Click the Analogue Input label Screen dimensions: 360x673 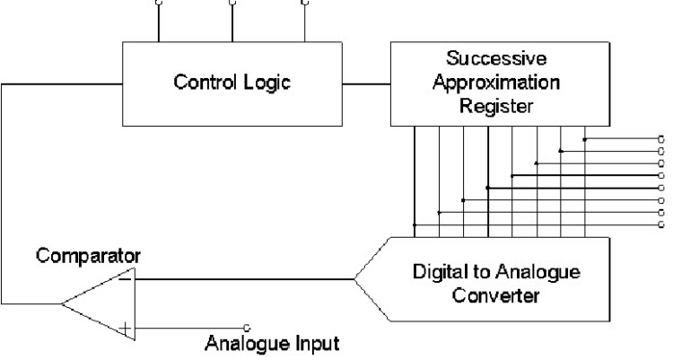273,343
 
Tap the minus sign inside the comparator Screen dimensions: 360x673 125,278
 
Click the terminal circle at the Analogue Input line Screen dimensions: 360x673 246,327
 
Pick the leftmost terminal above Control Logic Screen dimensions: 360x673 160,3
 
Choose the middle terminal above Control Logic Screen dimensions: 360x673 232,3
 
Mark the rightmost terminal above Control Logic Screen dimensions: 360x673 304,3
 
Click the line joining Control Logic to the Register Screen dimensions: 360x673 368,85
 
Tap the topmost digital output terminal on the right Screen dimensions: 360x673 660,139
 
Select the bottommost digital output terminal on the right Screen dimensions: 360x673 660,224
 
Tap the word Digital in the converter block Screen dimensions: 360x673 437,270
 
